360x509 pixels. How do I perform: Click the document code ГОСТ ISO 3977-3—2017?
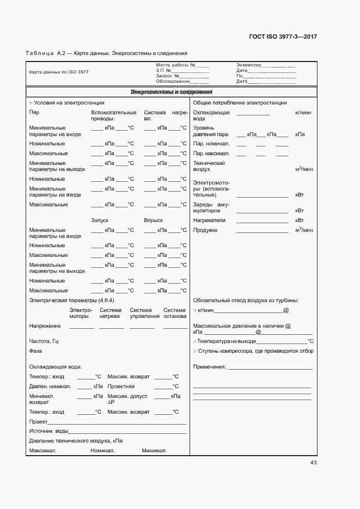[283, 36]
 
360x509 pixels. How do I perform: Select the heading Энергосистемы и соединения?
[172, 92]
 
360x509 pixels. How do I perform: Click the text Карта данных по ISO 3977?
[59, 72]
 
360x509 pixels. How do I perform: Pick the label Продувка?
[205, 230]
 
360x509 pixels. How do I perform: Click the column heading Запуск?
[100, 220]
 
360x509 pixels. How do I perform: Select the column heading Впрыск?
[153, 220]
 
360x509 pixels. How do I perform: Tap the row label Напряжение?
[45, 326]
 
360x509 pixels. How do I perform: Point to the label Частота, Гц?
[44, 341]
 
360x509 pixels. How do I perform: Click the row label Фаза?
[35, 351]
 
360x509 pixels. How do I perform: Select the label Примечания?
[209, 367]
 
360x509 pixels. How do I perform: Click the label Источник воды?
[48, 431]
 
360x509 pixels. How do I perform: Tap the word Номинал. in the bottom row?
[102, 451]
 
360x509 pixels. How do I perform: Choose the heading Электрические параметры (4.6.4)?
[71, 301]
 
